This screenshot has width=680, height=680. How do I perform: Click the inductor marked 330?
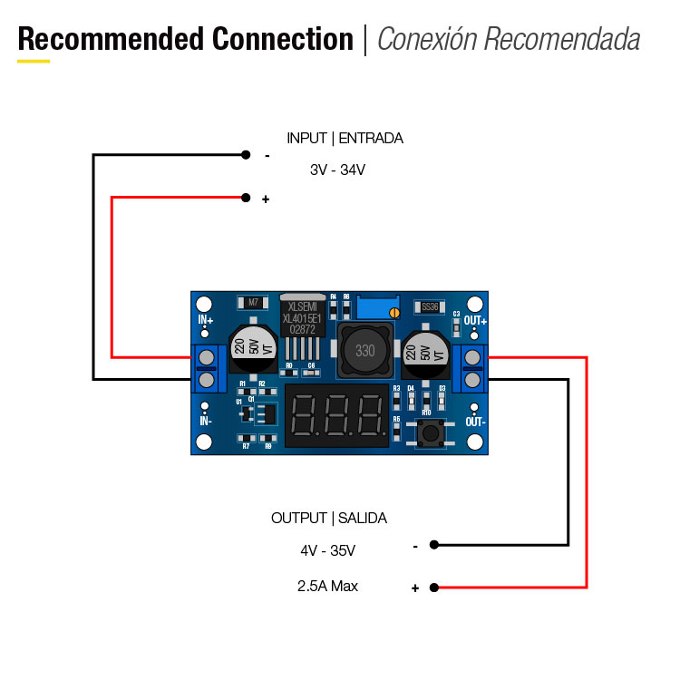pyautogui.click(x=364, y=351)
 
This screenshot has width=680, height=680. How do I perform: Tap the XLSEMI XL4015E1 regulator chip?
pyautogui.click(x=301, y=318)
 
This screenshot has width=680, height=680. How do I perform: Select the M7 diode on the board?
pyautogui.click(x=253, y=303)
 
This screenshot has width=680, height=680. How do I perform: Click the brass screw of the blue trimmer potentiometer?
pyautogui.click(x=394, y=313)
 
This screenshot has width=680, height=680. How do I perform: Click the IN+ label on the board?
pyautogui.click(x=206, y=320)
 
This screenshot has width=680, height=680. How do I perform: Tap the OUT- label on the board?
pyautogui.click(x=476, y=422)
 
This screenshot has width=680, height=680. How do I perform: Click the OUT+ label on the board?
pyautogui.click(x=475, y=320)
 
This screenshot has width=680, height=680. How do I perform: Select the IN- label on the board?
pyautogui.click(x=206, y=421)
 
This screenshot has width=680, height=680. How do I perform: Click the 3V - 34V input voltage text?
pyautogui.click(x=337, y=170)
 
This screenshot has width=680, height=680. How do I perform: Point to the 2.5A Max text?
pyautogui.click(x=327, y=587)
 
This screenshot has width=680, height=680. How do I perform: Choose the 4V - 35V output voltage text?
pyautogui.click(x=327, y=550)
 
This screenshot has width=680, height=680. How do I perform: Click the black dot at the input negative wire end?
pyautogui.click(x=245, y=155)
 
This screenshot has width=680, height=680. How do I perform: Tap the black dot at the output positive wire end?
pyautogui.click(x=434, y=588)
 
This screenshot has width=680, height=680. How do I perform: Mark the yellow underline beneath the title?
pyautogui.click(x=34, y=61)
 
